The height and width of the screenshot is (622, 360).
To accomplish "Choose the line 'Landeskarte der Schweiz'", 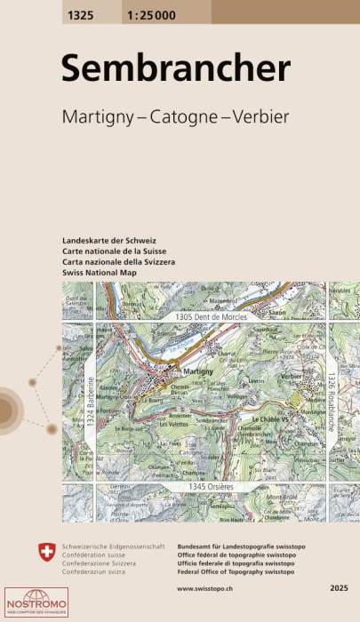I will pyautogui.click(x=109, y=242).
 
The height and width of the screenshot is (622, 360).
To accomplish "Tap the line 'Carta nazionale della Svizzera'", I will pyautogui.click(x=120, y=263).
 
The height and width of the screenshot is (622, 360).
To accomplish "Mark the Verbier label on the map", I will pyautogui.click(x=294, y=376).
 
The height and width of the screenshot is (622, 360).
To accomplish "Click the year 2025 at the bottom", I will pyautogui.click(x=338, y=588).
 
